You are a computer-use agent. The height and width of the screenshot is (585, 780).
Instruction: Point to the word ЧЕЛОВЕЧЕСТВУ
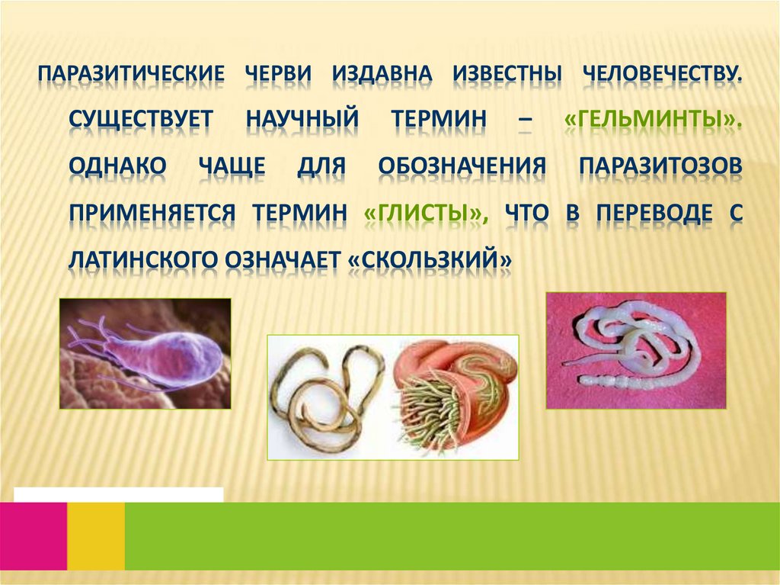pyautogui.click(x=662, y=75)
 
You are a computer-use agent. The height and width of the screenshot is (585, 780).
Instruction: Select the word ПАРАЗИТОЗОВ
pyautogui.click(x=660, y=167)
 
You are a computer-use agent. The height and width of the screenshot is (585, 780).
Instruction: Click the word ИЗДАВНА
pyautogui.click(x=382, y=75)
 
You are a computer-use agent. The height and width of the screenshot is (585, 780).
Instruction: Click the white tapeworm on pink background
pyautogui.click(x=635, y=350)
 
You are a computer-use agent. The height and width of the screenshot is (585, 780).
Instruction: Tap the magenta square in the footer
pyautogui.click(x=34, y=535)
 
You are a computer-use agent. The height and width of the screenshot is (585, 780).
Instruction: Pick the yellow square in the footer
pyautogui.click(x=96, y=535)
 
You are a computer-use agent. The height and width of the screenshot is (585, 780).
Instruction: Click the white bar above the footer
pyautogui.click(x=118, y=494)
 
